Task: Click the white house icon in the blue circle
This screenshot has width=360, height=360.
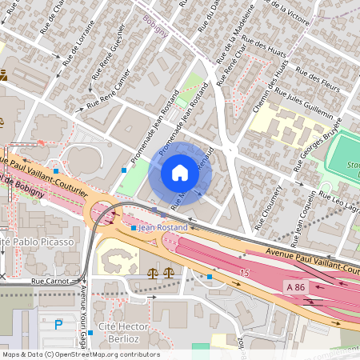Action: click(180, 173)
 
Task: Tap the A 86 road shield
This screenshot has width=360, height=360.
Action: click(295, 286)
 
